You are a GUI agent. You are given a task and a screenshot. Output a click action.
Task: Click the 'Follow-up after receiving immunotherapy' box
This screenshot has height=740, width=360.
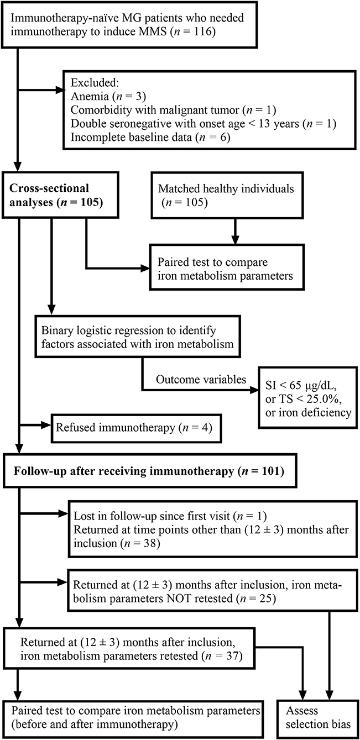click(x=145, y=471)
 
